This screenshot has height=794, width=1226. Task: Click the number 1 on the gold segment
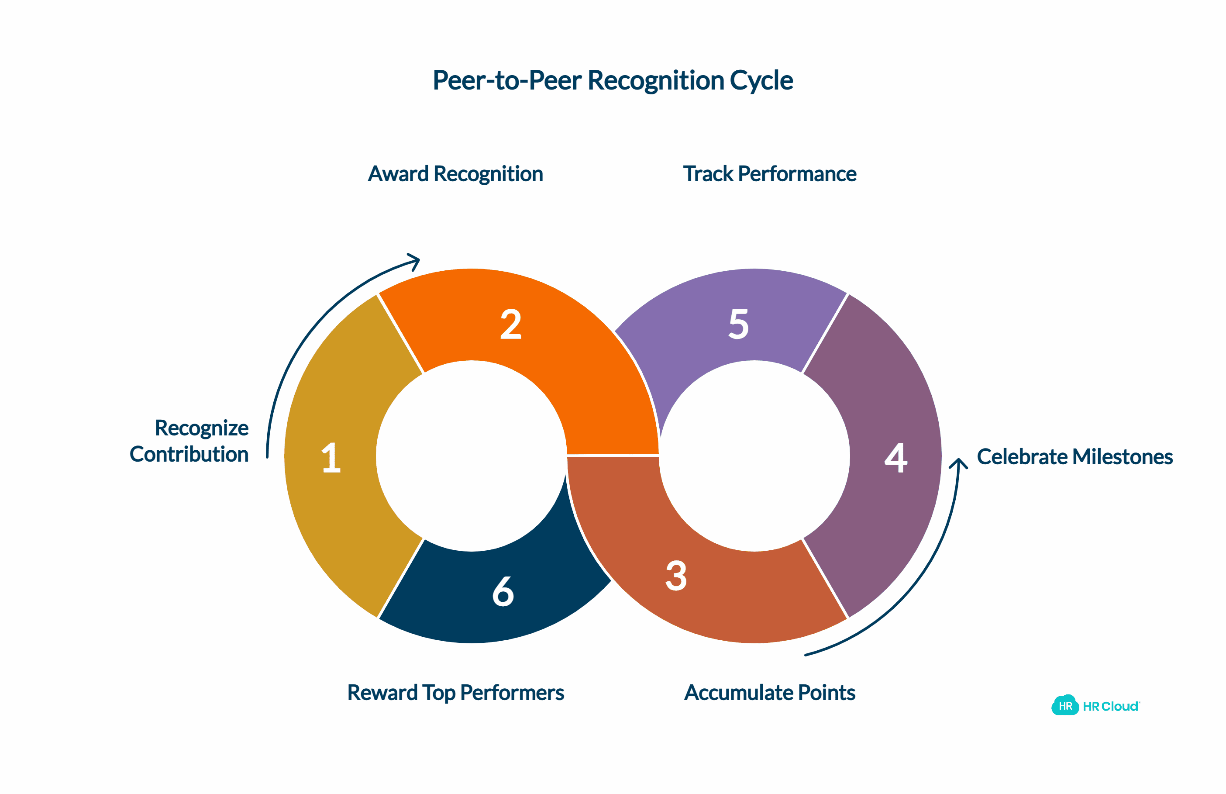(331, 458)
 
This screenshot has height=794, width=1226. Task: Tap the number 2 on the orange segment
(510, 325)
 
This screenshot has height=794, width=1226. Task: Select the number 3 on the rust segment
(676, 576)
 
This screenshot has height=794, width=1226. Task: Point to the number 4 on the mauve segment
(896, 458)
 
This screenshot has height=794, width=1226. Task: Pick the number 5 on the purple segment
(739, 325)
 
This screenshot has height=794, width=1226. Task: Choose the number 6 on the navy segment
(503, 591)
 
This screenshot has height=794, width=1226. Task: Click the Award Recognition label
(455, 174)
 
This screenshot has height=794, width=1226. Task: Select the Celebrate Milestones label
(1074, 457)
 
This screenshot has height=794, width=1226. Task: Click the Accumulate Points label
(770, 693)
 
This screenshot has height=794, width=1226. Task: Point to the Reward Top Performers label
(455, 693)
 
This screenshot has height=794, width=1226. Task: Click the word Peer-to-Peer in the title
(507, 81)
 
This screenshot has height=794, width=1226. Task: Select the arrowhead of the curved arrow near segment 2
(415, 261)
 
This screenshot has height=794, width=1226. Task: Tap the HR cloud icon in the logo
(1065, 705)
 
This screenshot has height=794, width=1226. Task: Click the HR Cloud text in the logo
(1111, 706)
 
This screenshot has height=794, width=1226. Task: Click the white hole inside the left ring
(472, 456)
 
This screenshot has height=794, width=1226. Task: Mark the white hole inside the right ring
(754, 456)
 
